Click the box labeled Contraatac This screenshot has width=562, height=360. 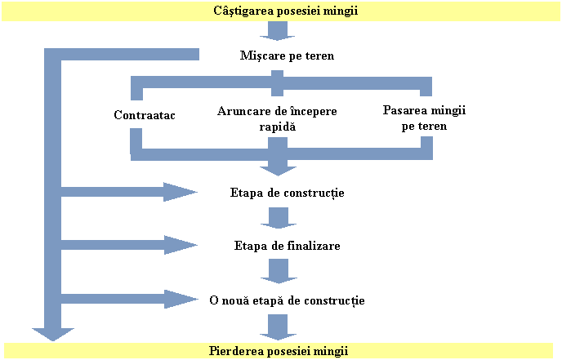[145, 115]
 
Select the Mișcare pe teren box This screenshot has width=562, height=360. [288, 56]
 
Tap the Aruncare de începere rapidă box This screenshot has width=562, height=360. [279, 118]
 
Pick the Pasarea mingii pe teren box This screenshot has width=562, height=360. [425, 117]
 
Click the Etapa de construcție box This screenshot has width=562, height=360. [288, 193]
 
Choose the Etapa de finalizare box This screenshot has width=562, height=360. [288, 245]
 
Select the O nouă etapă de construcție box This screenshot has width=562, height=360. [288, 300]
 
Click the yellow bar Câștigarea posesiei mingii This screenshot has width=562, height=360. [280, 11]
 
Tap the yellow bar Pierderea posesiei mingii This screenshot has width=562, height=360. [280, 351]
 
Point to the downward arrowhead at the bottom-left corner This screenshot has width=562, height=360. [52, 332]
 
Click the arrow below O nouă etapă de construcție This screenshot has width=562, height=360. [279, 327]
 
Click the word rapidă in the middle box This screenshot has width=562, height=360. [279, 127]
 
